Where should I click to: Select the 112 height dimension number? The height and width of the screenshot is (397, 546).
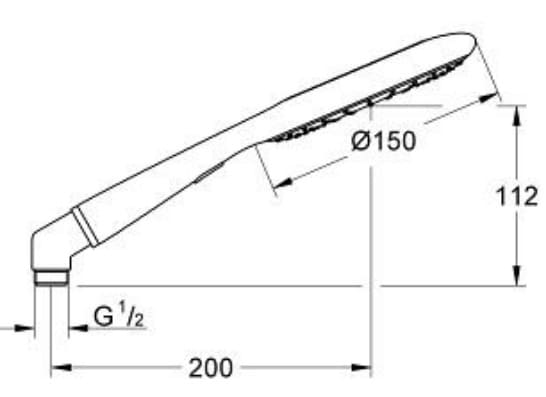517,197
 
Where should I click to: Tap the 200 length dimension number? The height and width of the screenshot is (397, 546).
211,367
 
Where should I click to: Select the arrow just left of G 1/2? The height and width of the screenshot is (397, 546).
76,325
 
